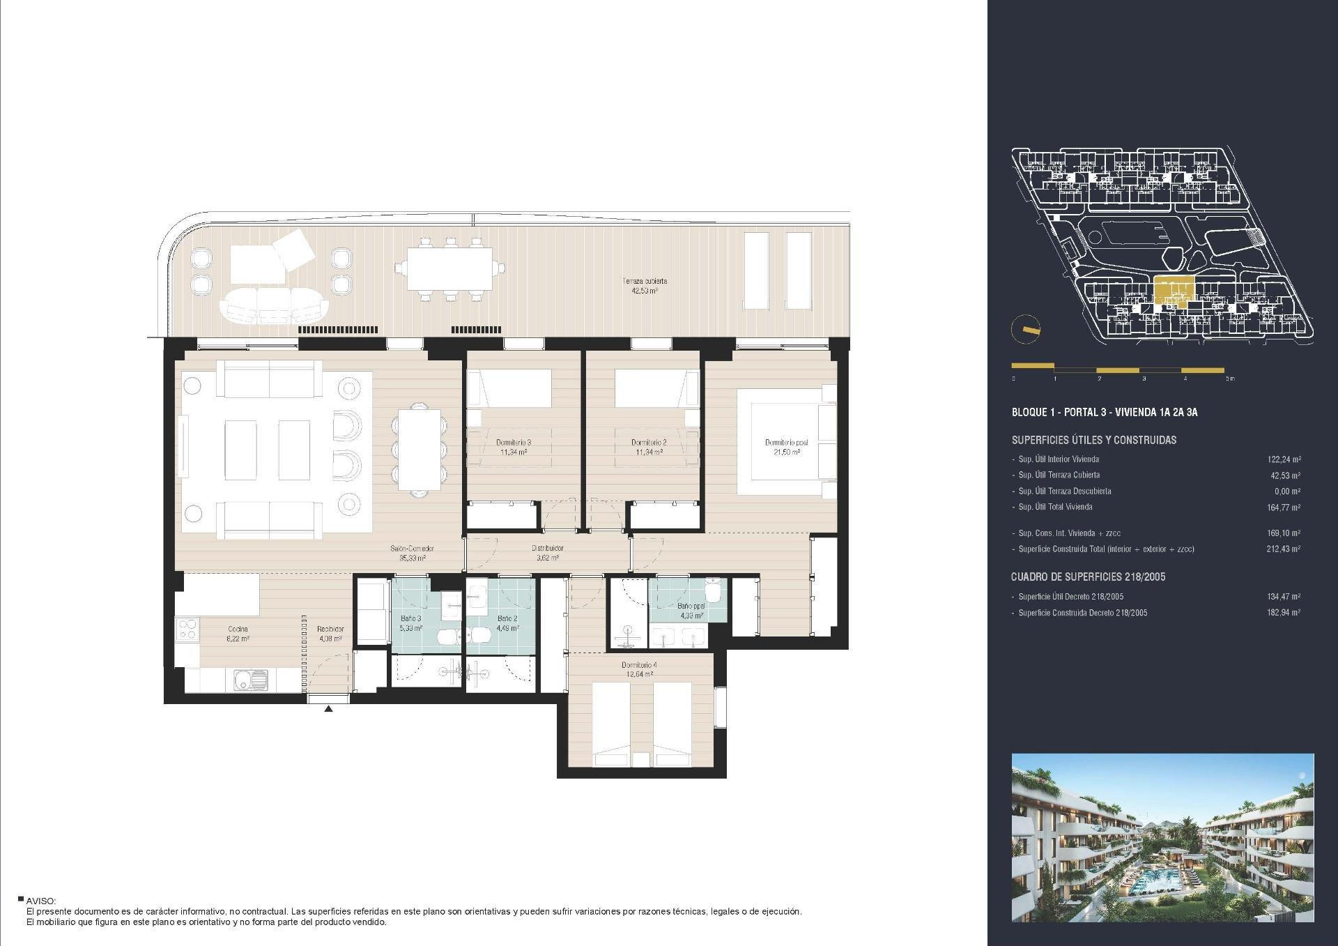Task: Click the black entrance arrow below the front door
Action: tap(328, 709)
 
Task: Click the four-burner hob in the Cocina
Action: tap(187, 630)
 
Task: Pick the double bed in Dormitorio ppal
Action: tap(784, 443)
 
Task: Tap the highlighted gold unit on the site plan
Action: tap(1174, 291)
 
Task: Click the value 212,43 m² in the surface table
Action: tap(1283, 549)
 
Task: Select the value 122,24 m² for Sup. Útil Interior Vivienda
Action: tap(1283, 459)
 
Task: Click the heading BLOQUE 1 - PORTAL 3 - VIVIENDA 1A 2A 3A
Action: tap(1104, 412)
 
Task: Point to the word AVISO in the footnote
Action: tap(40, 901)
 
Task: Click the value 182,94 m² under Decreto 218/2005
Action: tap(1283, 613)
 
